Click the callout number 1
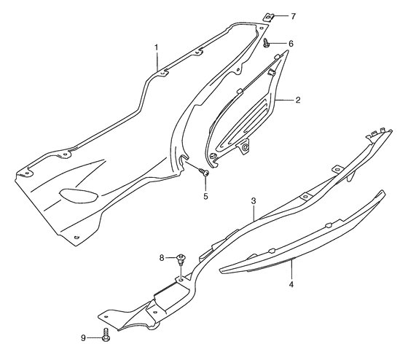point(157,47)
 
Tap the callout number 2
point(298,100)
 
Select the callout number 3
point(254,201)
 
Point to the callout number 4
point(291,284)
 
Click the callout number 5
point(205,196)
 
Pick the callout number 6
point(291,44)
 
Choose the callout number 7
point(293,17)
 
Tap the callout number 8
point(162,258)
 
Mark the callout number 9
point(83,338)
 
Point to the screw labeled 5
point(203,171)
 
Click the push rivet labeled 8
point(180,259)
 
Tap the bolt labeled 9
point(106,334)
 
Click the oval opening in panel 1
point(79,195)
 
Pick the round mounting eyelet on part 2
point(245,148)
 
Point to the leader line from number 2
point(284,100)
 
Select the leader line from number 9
point(95,338)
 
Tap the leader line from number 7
point(280,16)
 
